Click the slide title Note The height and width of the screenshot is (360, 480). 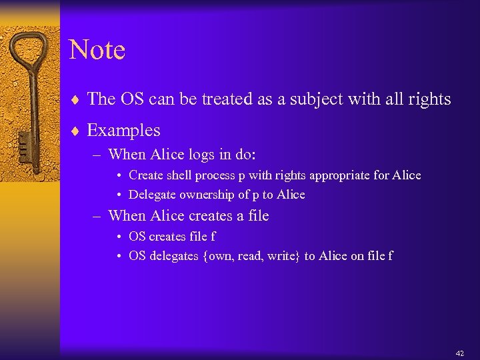point(97,50)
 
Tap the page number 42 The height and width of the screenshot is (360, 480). point(459,353)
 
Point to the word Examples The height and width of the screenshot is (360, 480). point(123,130)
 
